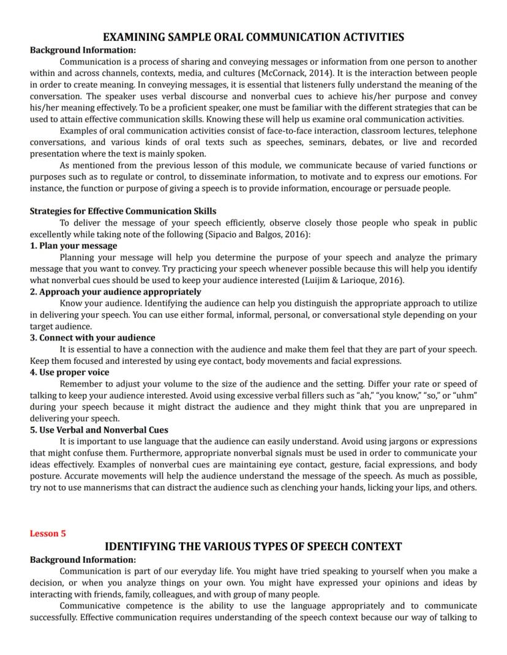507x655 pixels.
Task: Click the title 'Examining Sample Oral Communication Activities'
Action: pos(253,37)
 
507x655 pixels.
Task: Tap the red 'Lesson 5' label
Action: pos(48,533)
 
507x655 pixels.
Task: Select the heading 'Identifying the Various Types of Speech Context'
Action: pos(253,546)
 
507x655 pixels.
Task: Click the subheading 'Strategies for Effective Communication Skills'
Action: pos(123,211)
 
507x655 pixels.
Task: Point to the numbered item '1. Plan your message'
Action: pos(73,245)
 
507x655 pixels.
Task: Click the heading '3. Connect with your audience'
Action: pos(92,338)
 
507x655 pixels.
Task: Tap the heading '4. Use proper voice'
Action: pos(70,372)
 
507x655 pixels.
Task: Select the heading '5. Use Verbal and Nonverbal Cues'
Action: pos(99,430)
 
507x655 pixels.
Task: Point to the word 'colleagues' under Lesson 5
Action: pos(176,594)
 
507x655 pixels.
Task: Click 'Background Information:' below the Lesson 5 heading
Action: pos(83,560)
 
